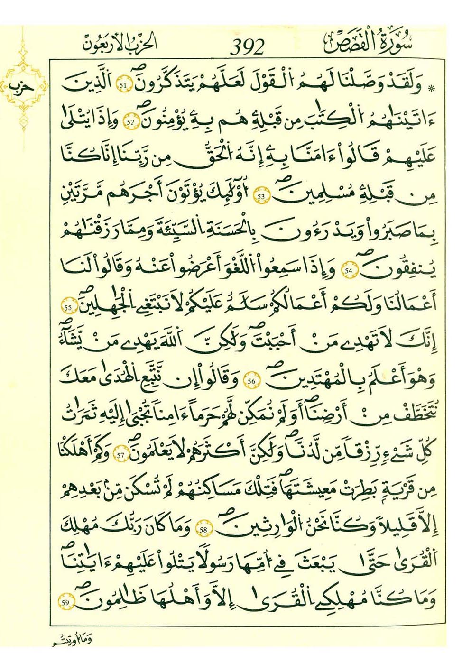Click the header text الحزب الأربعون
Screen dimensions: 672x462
click(118, 44)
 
